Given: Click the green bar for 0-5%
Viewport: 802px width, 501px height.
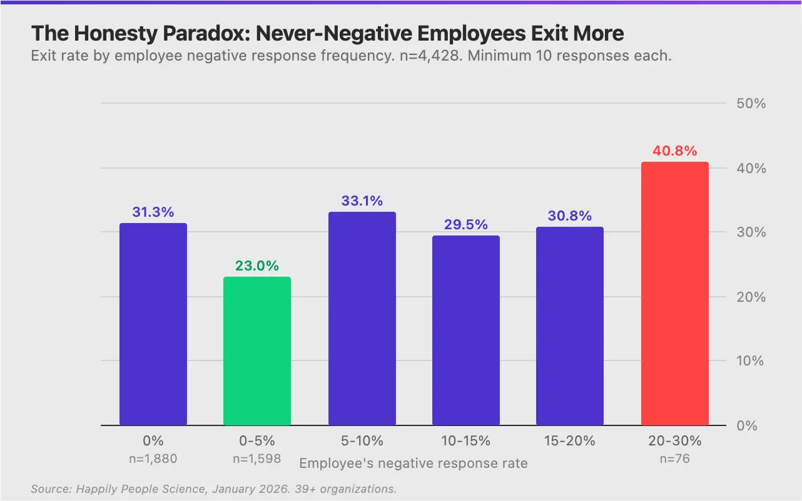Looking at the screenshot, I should click(257, 351).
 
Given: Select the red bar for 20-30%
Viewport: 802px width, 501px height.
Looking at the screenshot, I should click(675, 294).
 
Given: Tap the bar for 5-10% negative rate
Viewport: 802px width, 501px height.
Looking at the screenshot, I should click(362, 319).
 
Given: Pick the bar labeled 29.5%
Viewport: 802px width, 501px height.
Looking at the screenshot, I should click(466, 330).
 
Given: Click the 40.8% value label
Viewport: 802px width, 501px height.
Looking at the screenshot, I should click(675, 151).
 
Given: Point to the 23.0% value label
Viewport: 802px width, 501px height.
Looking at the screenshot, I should click(257, 265).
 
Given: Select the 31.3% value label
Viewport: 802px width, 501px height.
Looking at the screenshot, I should click(153, 212).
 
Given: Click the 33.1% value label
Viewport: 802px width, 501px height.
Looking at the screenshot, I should click(362, 201).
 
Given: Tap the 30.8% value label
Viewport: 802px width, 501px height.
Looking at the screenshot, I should click(570, 216).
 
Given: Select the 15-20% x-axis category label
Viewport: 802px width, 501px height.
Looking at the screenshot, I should click(570, 441).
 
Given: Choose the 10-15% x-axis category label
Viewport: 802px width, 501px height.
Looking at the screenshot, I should click(466, 441).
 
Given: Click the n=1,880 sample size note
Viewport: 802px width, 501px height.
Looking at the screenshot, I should click(153, 459).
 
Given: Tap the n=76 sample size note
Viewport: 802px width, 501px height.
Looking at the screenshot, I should click(675, 459).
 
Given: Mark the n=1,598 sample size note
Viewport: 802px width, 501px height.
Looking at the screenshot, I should click(257, 459).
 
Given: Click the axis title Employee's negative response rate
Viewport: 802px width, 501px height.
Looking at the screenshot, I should click(414, 464).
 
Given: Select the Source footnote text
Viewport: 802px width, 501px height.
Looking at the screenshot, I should click(213, 489).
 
